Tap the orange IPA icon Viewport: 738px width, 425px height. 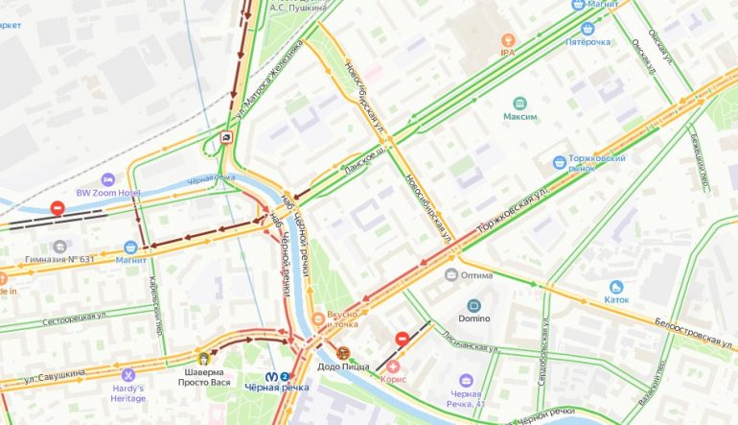tap(508, 39)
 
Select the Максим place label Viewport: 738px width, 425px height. tap(519, 117)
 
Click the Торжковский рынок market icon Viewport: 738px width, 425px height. tap(559, 163)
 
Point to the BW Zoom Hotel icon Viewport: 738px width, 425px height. tap(109, 179)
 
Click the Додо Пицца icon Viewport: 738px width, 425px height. tap(342, 351)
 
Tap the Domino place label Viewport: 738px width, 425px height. tap(473, 318)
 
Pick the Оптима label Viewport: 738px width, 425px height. tap(476, 274)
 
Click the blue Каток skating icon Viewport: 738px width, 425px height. tap(615, 287)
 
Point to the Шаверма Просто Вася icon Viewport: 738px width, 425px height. tap(203, 358)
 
